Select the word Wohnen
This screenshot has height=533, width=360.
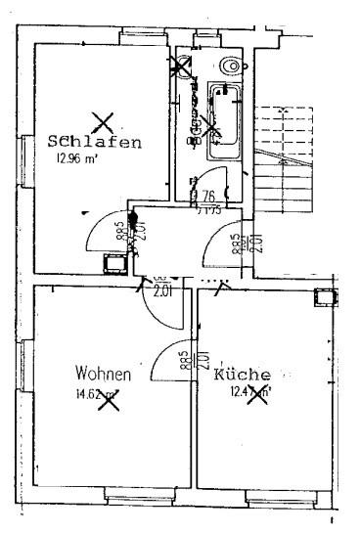pyautogui.click(x=104, y=374)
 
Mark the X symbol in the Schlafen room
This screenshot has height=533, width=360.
pyautogui.click(x=103, y=122)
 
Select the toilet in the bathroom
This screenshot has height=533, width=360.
pyautogui.click(x=231, y=66)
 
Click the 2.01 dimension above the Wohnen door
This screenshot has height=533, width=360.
pyautogui.click(x=162, y=289)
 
